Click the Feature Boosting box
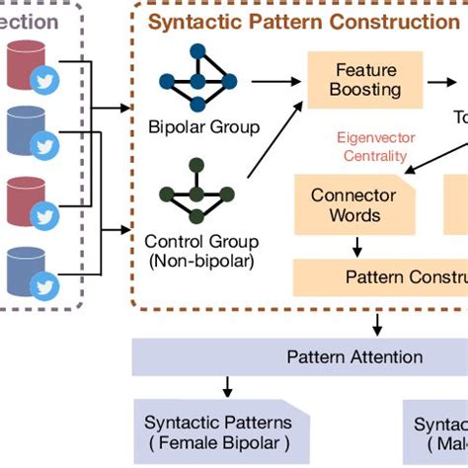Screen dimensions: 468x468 coord(367,80)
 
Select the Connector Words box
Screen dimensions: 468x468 coord(352,204)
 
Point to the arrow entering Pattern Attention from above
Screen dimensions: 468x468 coord(377,322)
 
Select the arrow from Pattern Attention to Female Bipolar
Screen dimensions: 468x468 coord(228,386)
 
